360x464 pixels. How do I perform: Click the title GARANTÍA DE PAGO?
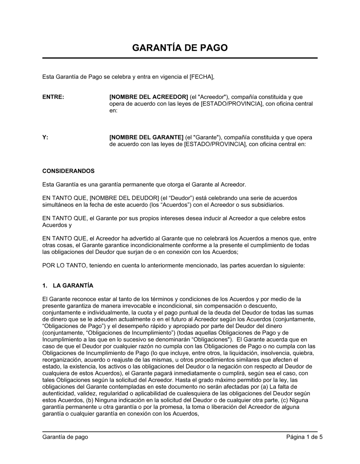click(x=180, y=48)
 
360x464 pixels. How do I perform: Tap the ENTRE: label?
click(x=53, y=97)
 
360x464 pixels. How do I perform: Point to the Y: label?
click(x=45, y=137)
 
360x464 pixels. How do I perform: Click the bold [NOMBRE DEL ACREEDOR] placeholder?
click(x=148, y=97)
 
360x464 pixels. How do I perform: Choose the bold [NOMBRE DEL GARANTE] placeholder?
click(x=146, y=137)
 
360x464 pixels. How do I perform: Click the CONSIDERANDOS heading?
click(x=68, y=171)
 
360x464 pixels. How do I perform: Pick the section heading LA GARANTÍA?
click(x=73, y=286)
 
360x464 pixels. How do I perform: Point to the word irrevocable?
click(x=127, y=306)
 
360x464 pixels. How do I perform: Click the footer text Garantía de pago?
click(x=65, y=437)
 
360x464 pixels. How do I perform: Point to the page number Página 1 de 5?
click(x=305, y=437)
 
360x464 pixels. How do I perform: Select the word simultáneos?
click(x=59, y=205)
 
